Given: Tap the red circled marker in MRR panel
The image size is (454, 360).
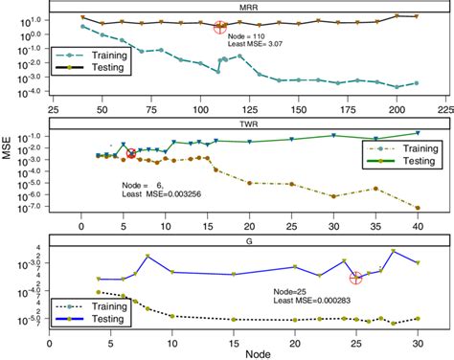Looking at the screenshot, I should click(x=220, y=28).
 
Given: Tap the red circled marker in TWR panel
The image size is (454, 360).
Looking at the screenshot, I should click(x=131, y=153).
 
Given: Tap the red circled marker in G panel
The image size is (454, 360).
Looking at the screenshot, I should click(x=356, y=278).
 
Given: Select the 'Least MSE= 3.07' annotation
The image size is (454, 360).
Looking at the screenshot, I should click(x=261, y=44).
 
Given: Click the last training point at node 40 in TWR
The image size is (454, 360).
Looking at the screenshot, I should click(x=417, y=208).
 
